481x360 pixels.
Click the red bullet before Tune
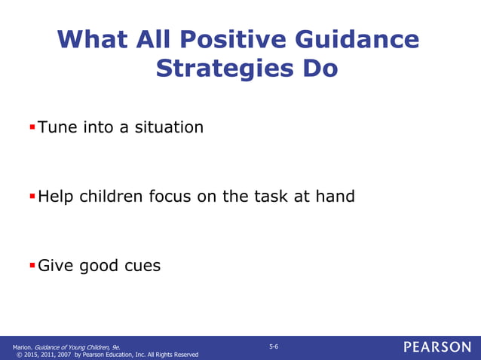32,126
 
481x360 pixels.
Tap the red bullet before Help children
32,196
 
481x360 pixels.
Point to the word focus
171,197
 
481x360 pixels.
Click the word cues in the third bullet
140,266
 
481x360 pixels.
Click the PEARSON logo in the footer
437,347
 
